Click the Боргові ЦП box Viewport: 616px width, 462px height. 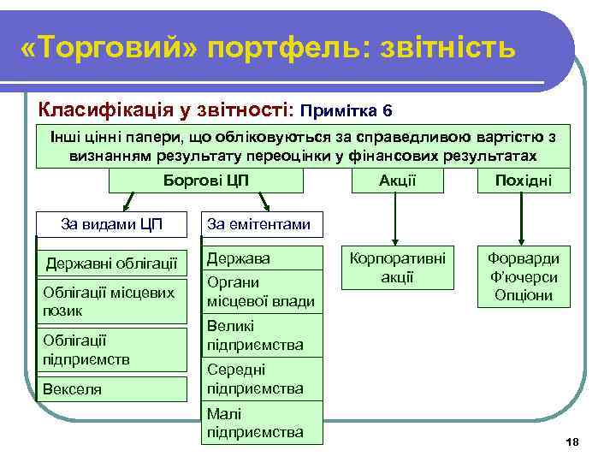205,181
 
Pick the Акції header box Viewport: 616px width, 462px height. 396,181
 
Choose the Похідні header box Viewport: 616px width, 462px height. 524,181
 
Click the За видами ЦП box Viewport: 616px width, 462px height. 113,224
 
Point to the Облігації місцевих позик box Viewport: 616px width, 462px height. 113,301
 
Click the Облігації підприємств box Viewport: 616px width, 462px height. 113,349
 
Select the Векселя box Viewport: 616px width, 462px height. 113,389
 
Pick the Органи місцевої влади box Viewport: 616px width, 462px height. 262,291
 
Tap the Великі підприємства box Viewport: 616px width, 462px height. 262,335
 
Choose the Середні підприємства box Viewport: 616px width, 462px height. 262,379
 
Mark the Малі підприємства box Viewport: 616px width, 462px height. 262,423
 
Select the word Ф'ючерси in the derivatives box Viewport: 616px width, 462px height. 524,277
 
